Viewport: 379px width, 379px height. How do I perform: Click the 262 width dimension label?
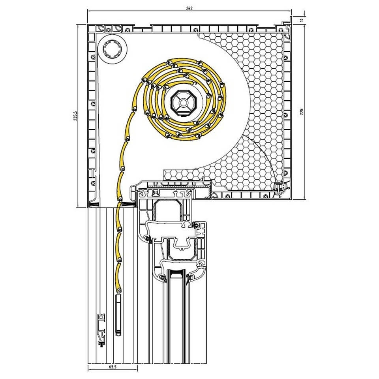point(189,8)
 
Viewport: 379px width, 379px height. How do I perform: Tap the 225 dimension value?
point(302,111)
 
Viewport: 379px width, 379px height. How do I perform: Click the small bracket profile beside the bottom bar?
point(101,330)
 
